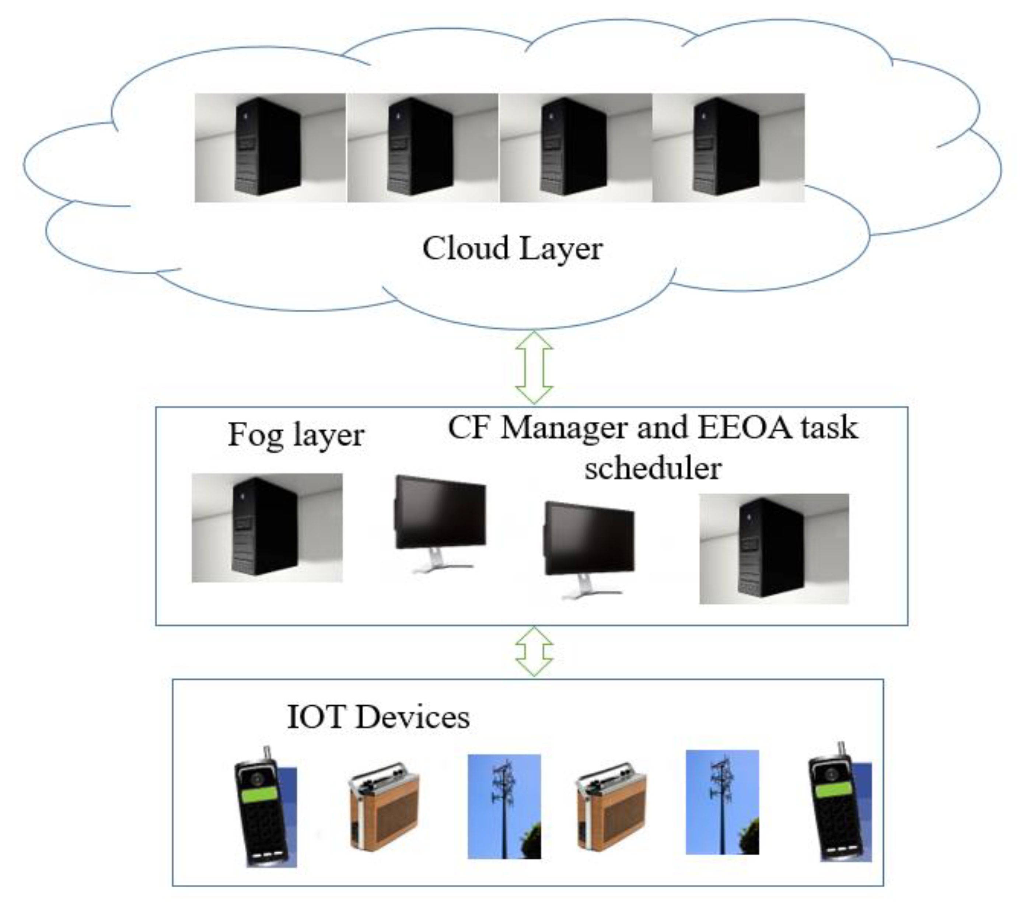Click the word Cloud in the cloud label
pos(465,248)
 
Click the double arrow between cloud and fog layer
pos(534,368)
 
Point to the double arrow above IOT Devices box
pos(534,652)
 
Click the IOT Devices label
pos(378,717)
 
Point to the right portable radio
pos(612,807)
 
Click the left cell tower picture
pos(504,806)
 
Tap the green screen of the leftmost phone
pos(259,795)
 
